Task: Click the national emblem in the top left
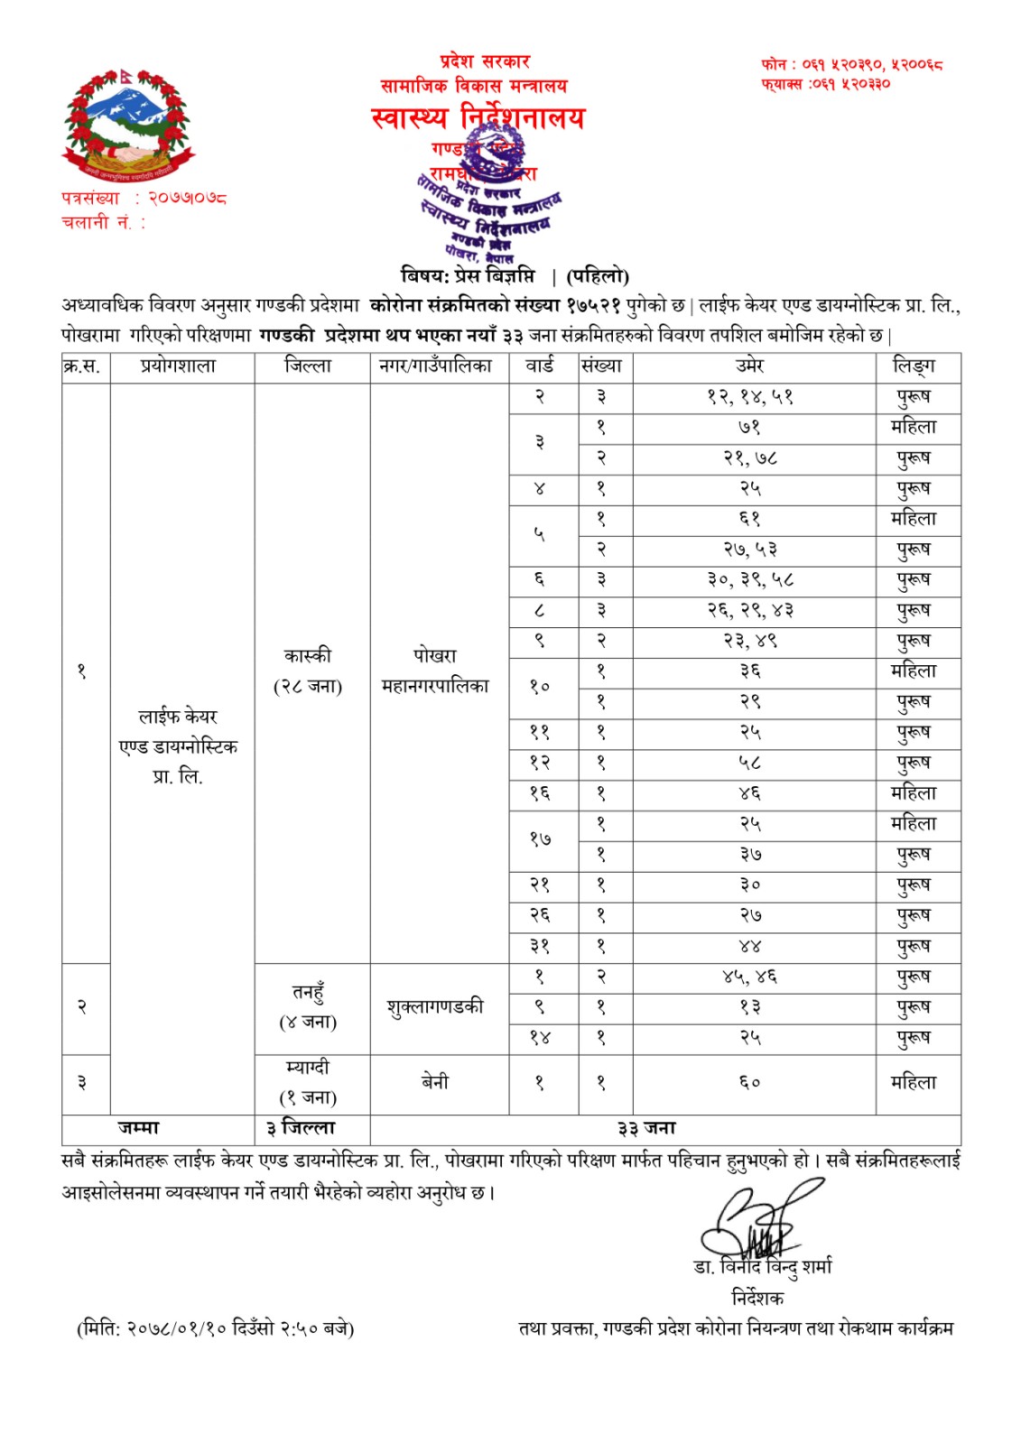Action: pyautogui.click(x=127, y=125)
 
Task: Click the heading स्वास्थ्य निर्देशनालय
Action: pyautogui.click(x=478, y=118)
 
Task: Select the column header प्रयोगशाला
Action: pyautogui.click(x=179, y=366)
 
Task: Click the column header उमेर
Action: pyautogui.click(x=750, y=366)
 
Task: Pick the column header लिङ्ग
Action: pyautogui.click(x=914, y=366)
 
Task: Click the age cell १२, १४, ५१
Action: pyautogui.click(x=750, y=397)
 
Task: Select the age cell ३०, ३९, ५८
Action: pyautogui.click(x=750, y=580)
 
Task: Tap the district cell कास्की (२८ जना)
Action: pyautogui.click(x=308, y=671)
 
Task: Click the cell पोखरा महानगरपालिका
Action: pyautogui.click(x=435, y=671)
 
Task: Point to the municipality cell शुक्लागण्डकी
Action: pyautogui.click(x=435, y=1007)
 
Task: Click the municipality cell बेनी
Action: pyautogui.click(x=435, y=1082)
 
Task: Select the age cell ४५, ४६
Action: pyautogui.click(x=750, y=977)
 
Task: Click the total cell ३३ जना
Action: pyautogui.click(x=646, y=1129)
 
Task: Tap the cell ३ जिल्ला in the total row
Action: pyautogui.click(x=301, y=1129)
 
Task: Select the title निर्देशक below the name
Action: pyautogui.click(x=757, y=1298)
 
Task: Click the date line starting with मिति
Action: pyautogui.click(x=216, y=1328)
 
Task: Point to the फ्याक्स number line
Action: pyautogui.click(x=825, y=84)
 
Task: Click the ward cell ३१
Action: pyautogui.click(x=540, y=947)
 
